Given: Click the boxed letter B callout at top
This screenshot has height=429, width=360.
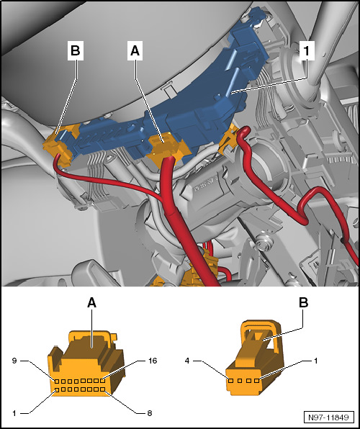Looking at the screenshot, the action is pyautogui.click(x=76, y=51).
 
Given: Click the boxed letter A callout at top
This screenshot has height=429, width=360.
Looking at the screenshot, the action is pyautogui.click(x=135, y=51).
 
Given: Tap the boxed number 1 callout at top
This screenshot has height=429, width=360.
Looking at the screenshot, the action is pyautogui.click(x=307, y=51).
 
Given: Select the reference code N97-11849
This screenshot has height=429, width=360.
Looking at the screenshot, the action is pyautogui.click(x=328, y=417).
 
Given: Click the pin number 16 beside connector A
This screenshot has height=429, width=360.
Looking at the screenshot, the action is pyautogui.click(x=153, y=361).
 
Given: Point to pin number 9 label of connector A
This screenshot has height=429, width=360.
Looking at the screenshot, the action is pyautogui.click(x=14, y=361).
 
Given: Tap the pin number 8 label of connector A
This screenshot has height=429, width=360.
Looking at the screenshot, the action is pyautogui.click(x=150, y=413).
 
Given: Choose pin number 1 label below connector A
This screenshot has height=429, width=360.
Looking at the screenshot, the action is pyautogui.click(x=14, y=413).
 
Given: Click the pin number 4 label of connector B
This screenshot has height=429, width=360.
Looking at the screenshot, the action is pyautogui.click(x=187, y=361).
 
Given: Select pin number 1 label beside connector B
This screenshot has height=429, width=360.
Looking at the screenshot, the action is pyautogui.click(x=315, y=361).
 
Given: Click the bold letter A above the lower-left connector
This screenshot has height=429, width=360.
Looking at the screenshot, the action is pyautogui.click(x=91, y=302).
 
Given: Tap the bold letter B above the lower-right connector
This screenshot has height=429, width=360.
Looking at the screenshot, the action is pyautogui.click(x=303, y=302).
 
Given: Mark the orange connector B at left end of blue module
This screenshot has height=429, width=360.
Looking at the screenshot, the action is pyautogui.click(x=62, y=145).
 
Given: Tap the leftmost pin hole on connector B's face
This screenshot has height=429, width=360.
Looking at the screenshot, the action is pyautogui.click(x=231, y=381).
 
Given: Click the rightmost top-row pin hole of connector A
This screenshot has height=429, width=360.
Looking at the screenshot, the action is pyautogui.click(x=102, y=381).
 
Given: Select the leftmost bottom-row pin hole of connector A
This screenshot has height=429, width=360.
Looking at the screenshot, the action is pyautogui.click(x=57, y=389).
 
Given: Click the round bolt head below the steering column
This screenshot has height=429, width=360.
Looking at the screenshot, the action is pyautogui.click(x=264, y=243).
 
